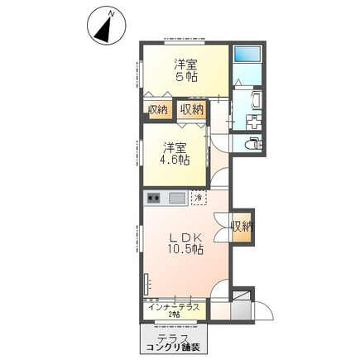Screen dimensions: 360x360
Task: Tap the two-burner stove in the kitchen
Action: tap(153, 199)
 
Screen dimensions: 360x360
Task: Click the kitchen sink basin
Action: tap(177, 199)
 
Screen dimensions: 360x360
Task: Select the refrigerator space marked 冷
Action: tap(199, 199)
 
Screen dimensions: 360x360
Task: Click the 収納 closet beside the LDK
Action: tap(241, 226)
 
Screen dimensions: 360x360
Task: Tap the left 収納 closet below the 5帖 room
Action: tap(157, 109)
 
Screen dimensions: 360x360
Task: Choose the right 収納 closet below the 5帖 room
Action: tap(191, 109)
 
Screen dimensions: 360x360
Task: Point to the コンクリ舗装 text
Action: tap(169, 347)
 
